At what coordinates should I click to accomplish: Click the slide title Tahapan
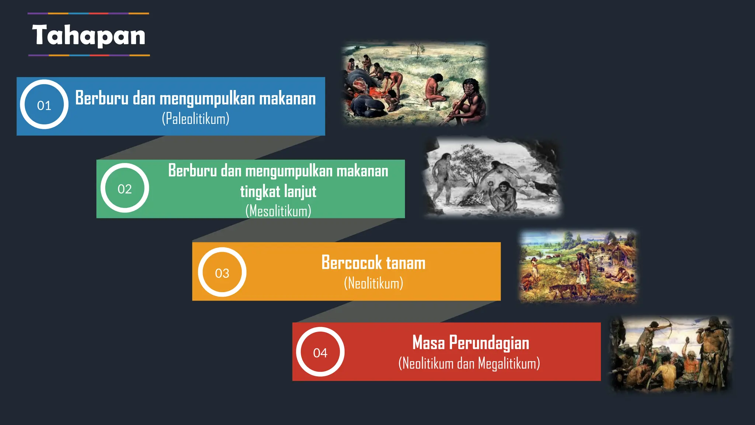pyautogui.click(x=89, y=35)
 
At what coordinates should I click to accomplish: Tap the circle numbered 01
pyautogui.click(x=44, y=105)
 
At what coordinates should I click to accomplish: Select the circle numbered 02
pyautogui.click(x=125, y=188)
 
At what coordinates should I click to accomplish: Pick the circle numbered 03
pyautogui.click(x=222, y=272)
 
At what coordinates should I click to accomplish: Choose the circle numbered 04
pyautogui.click(x=320, y=352)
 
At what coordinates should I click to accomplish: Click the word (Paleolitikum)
pyautogui.click(x=195, y=119)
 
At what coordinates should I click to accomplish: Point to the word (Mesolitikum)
pyautogui.click(x=278, y=211)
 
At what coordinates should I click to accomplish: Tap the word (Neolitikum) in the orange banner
pyautogui.click(x=373, y=283)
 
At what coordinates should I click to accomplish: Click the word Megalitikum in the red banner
pyautogui.click(x=509, y=363)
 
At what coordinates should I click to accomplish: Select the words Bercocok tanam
pyautogui.click(x=373, y=263)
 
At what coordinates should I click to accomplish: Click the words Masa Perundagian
pyautogui.click(x=471, y=342)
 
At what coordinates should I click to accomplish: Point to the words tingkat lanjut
pyautogui.click(x=278, y=191)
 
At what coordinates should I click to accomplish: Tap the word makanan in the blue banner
pyautogui.click(x=287, y=99)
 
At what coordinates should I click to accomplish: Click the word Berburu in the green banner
pyautogui.click(x=192, y=171)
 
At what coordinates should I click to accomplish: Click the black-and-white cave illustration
pyautogui.click(x=493, y=177)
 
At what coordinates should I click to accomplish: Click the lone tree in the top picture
pyautogui.click(x=417, y=50)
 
